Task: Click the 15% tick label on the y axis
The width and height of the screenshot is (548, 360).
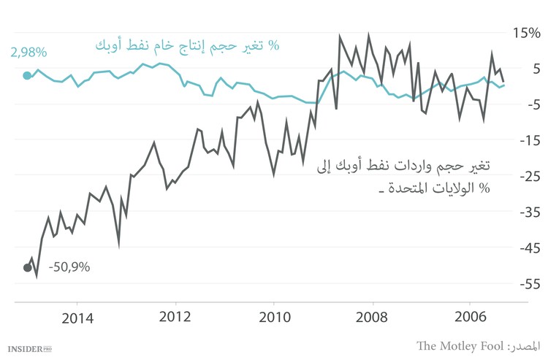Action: click(525, 33)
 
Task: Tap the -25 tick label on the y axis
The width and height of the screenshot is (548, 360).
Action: click(525, 176)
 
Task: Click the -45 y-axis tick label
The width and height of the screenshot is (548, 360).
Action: click(525, 248)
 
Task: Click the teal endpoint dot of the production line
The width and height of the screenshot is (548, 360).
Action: click(27, 75)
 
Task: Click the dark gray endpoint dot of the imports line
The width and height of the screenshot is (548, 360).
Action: click(28, 267)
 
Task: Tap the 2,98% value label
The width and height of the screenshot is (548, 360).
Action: click(28, 53)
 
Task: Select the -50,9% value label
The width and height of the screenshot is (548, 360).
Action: click(69, 267)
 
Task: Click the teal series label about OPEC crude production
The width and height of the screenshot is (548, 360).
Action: click(187, 45)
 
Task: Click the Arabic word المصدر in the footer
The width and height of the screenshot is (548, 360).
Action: click(527, 345)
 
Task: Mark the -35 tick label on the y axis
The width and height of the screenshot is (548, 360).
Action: click(525, 212)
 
